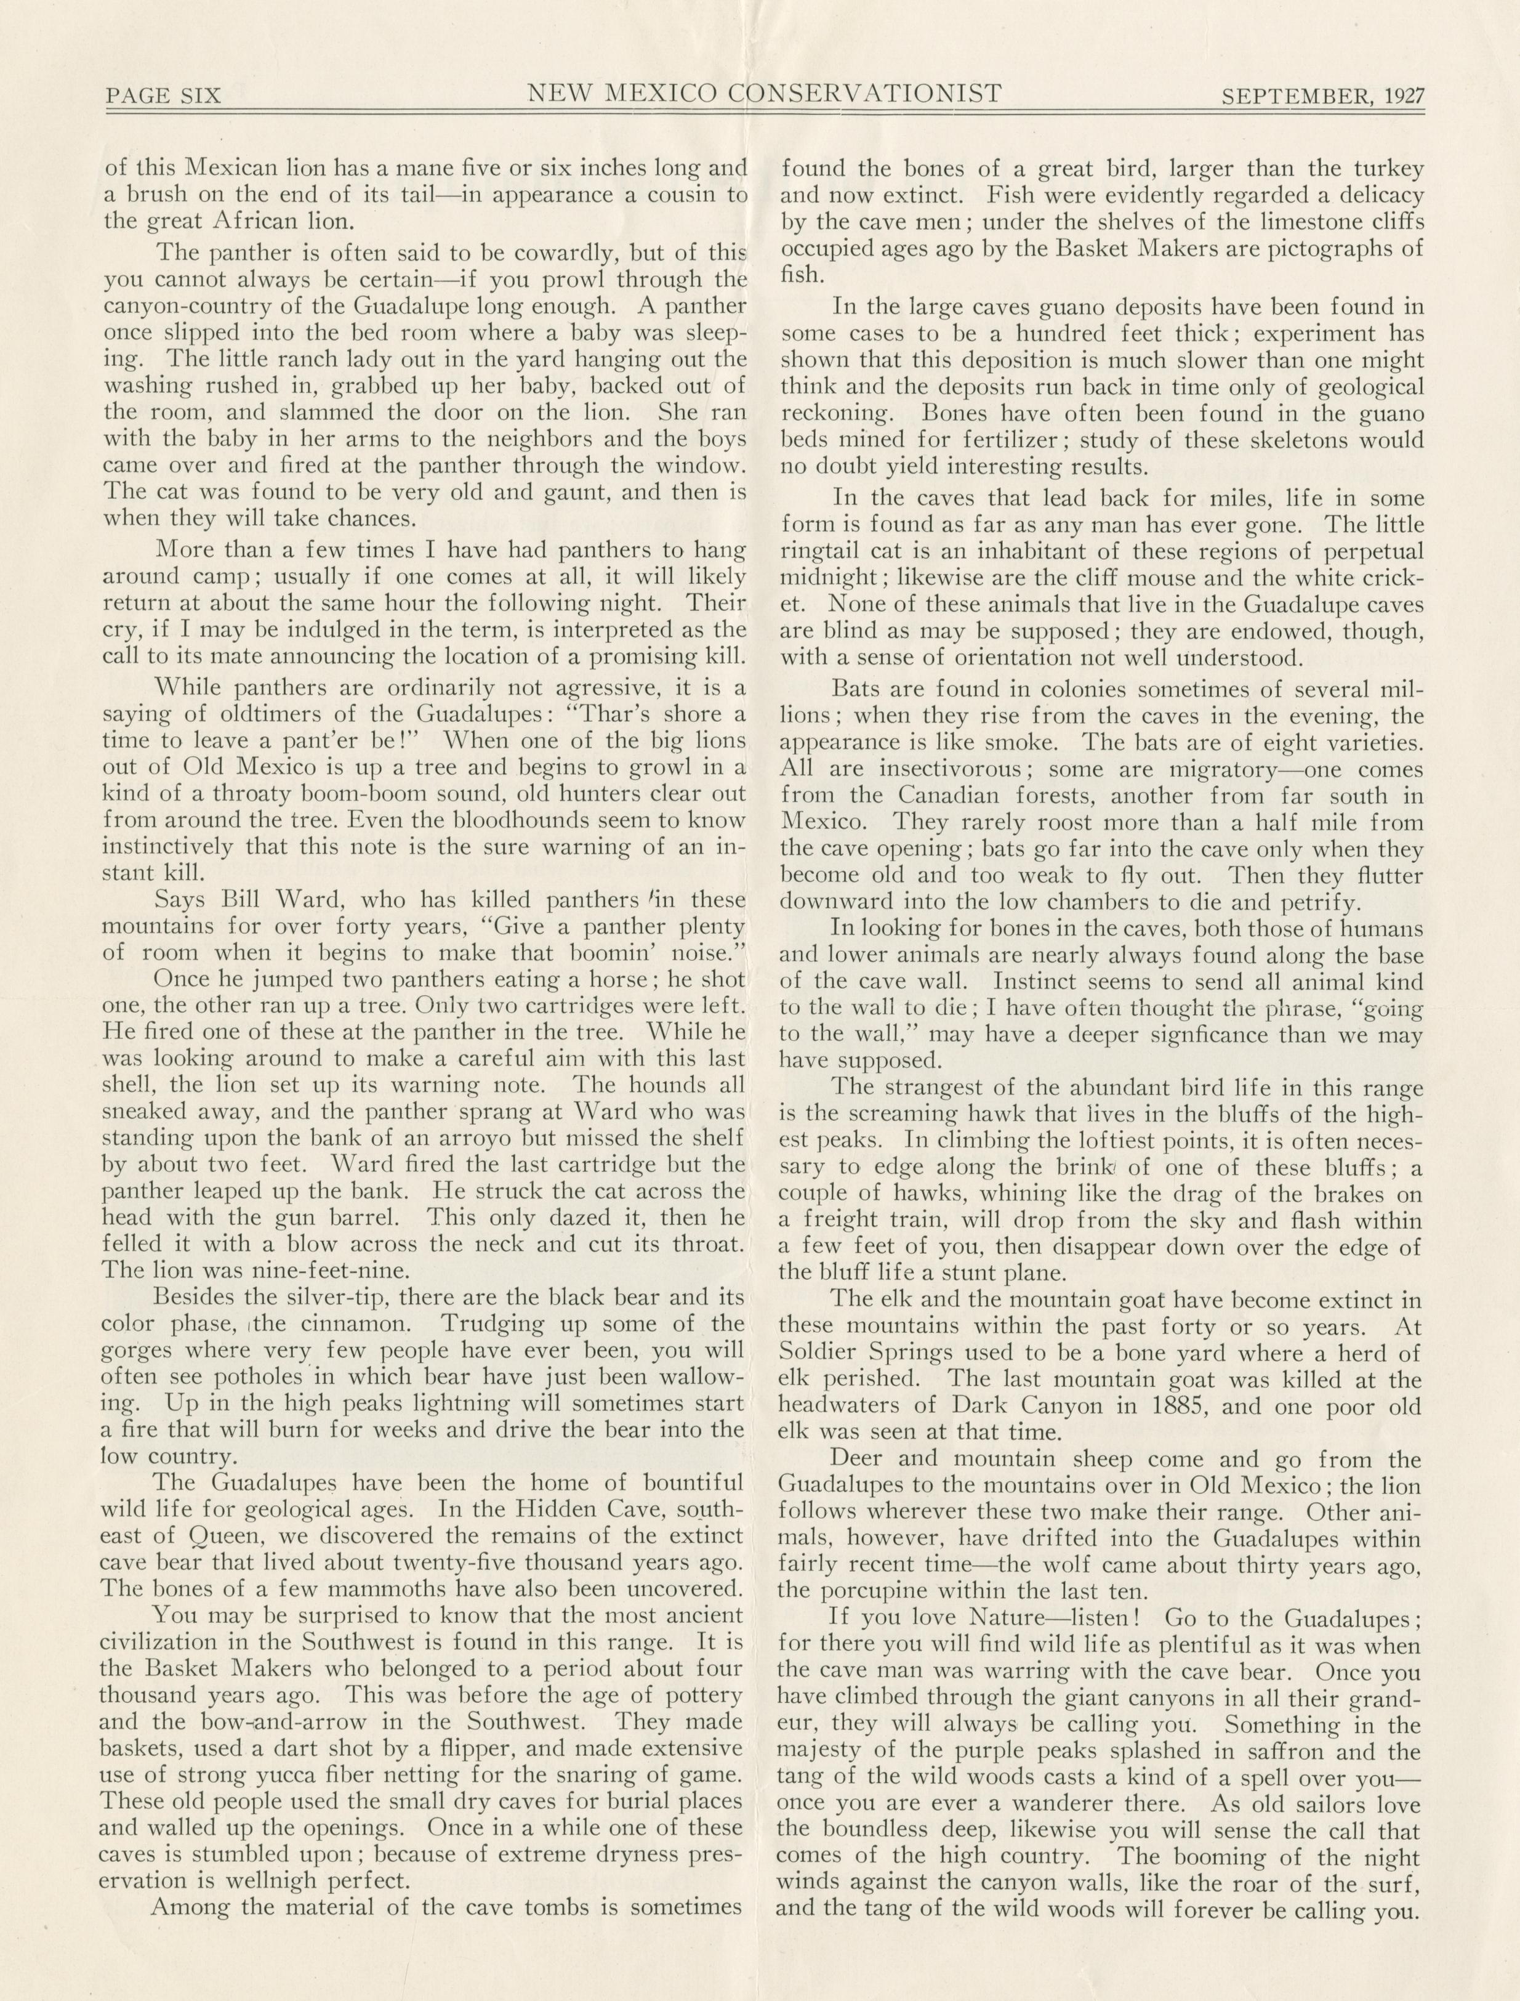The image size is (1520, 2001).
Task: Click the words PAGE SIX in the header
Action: point(163,95)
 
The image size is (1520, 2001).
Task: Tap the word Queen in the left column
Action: point(195,1536)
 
